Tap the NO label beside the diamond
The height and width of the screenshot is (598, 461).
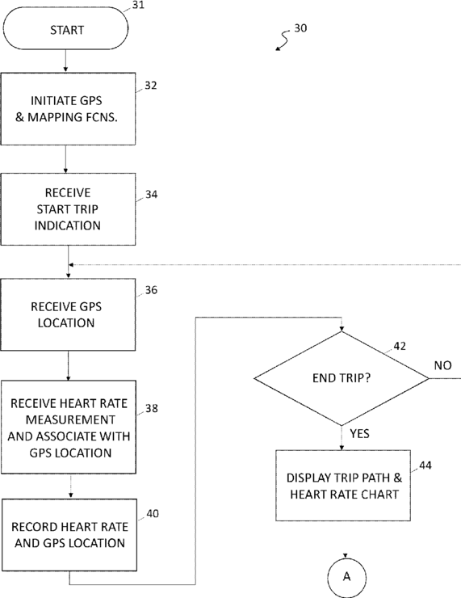click(442, 365)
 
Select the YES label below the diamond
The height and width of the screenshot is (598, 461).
click(359, 434)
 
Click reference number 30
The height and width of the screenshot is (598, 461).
click(300, 28)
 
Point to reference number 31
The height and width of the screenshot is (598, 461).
click(138, 5)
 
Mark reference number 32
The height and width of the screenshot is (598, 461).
click(151, 86)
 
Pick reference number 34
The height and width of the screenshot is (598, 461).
click(151, 195)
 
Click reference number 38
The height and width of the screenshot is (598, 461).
click(152, 408)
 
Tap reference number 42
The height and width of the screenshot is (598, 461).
click(400, 346)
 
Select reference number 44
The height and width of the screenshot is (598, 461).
click(425, 465)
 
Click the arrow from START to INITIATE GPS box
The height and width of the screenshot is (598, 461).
click(65, 61)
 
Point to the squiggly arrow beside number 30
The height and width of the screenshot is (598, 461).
click(283, 40)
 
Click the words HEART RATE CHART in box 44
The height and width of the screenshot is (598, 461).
click(345, 495)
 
